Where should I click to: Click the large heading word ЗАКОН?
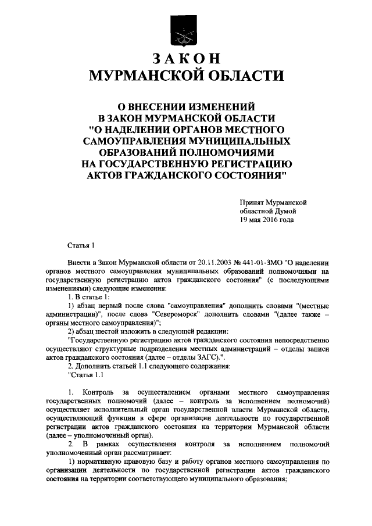(x=186, y=59)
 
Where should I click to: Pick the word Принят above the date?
(x=254, y=202)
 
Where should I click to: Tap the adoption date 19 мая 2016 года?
(x=267, y=220)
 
